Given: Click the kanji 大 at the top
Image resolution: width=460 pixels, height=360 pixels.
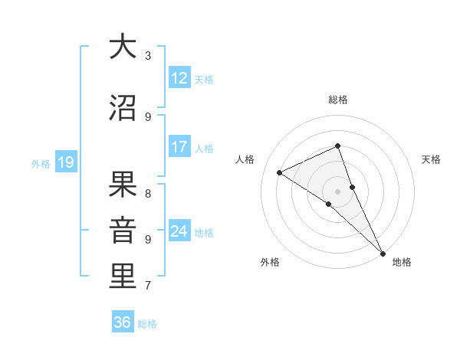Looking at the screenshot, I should click(x=123, y=47).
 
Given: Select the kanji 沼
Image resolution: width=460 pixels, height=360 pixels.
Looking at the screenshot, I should click(x=123, y=109).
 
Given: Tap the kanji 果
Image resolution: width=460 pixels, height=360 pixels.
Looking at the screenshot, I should click(x=123, y=185).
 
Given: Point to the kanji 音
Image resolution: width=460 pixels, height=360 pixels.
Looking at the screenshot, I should click(x=123, y=231).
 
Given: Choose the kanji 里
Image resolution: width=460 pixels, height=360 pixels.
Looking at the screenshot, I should click(x=123, y=277).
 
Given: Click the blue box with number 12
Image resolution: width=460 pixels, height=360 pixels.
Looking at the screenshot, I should click(x=179, y=78).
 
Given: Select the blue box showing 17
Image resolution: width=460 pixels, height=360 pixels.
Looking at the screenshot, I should click(x=179, y=147).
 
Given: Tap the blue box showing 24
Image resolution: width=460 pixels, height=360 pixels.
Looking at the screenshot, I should click(x=179, y=231).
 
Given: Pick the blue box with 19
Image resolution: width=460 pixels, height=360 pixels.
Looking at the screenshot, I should click(x=65, y=162).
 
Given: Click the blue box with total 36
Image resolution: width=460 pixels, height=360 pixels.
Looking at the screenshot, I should click(x=123, y=322).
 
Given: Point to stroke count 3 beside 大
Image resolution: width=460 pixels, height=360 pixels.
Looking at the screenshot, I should click(x=148, y=55).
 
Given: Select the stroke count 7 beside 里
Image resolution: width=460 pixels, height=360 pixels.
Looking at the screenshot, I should click(x=148, y=286).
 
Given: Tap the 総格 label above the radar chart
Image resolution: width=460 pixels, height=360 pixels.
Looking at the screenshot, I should click(x=337, y=100).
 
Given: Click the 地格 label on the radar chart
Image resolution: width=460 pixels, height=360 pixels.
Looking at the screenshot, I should click(x=402, y=262).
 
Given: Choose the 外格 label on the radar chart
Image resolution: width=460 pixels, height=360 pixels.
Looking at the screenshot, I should click(x=270, y=262).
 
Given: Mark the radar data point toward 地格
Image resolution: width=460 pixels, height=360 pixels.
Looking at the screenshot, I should click(x=383, y=254).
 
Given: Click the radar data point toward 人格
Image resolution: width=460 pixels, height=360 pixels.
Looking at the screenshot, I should click(x=279, y=172).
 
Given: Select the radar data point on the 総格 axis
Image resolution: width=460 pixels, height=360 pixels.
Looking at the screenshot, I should click(x=337, y=146).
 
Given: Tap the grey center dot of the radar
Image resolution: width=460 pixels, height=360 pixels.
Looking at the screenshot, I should click(x=337, y=191).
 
